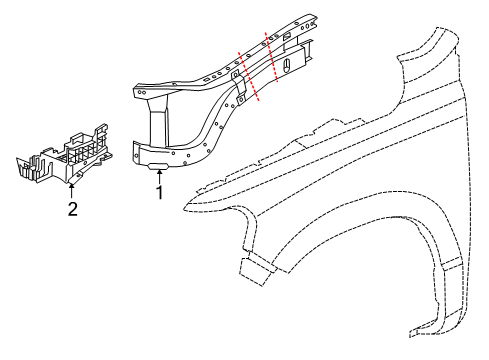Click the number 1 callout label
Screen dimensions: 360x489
pos(157,194)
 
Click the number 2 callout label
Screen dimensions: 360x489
pos(72,208)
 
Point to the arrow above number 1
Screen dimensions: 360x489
pos(158,177)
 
